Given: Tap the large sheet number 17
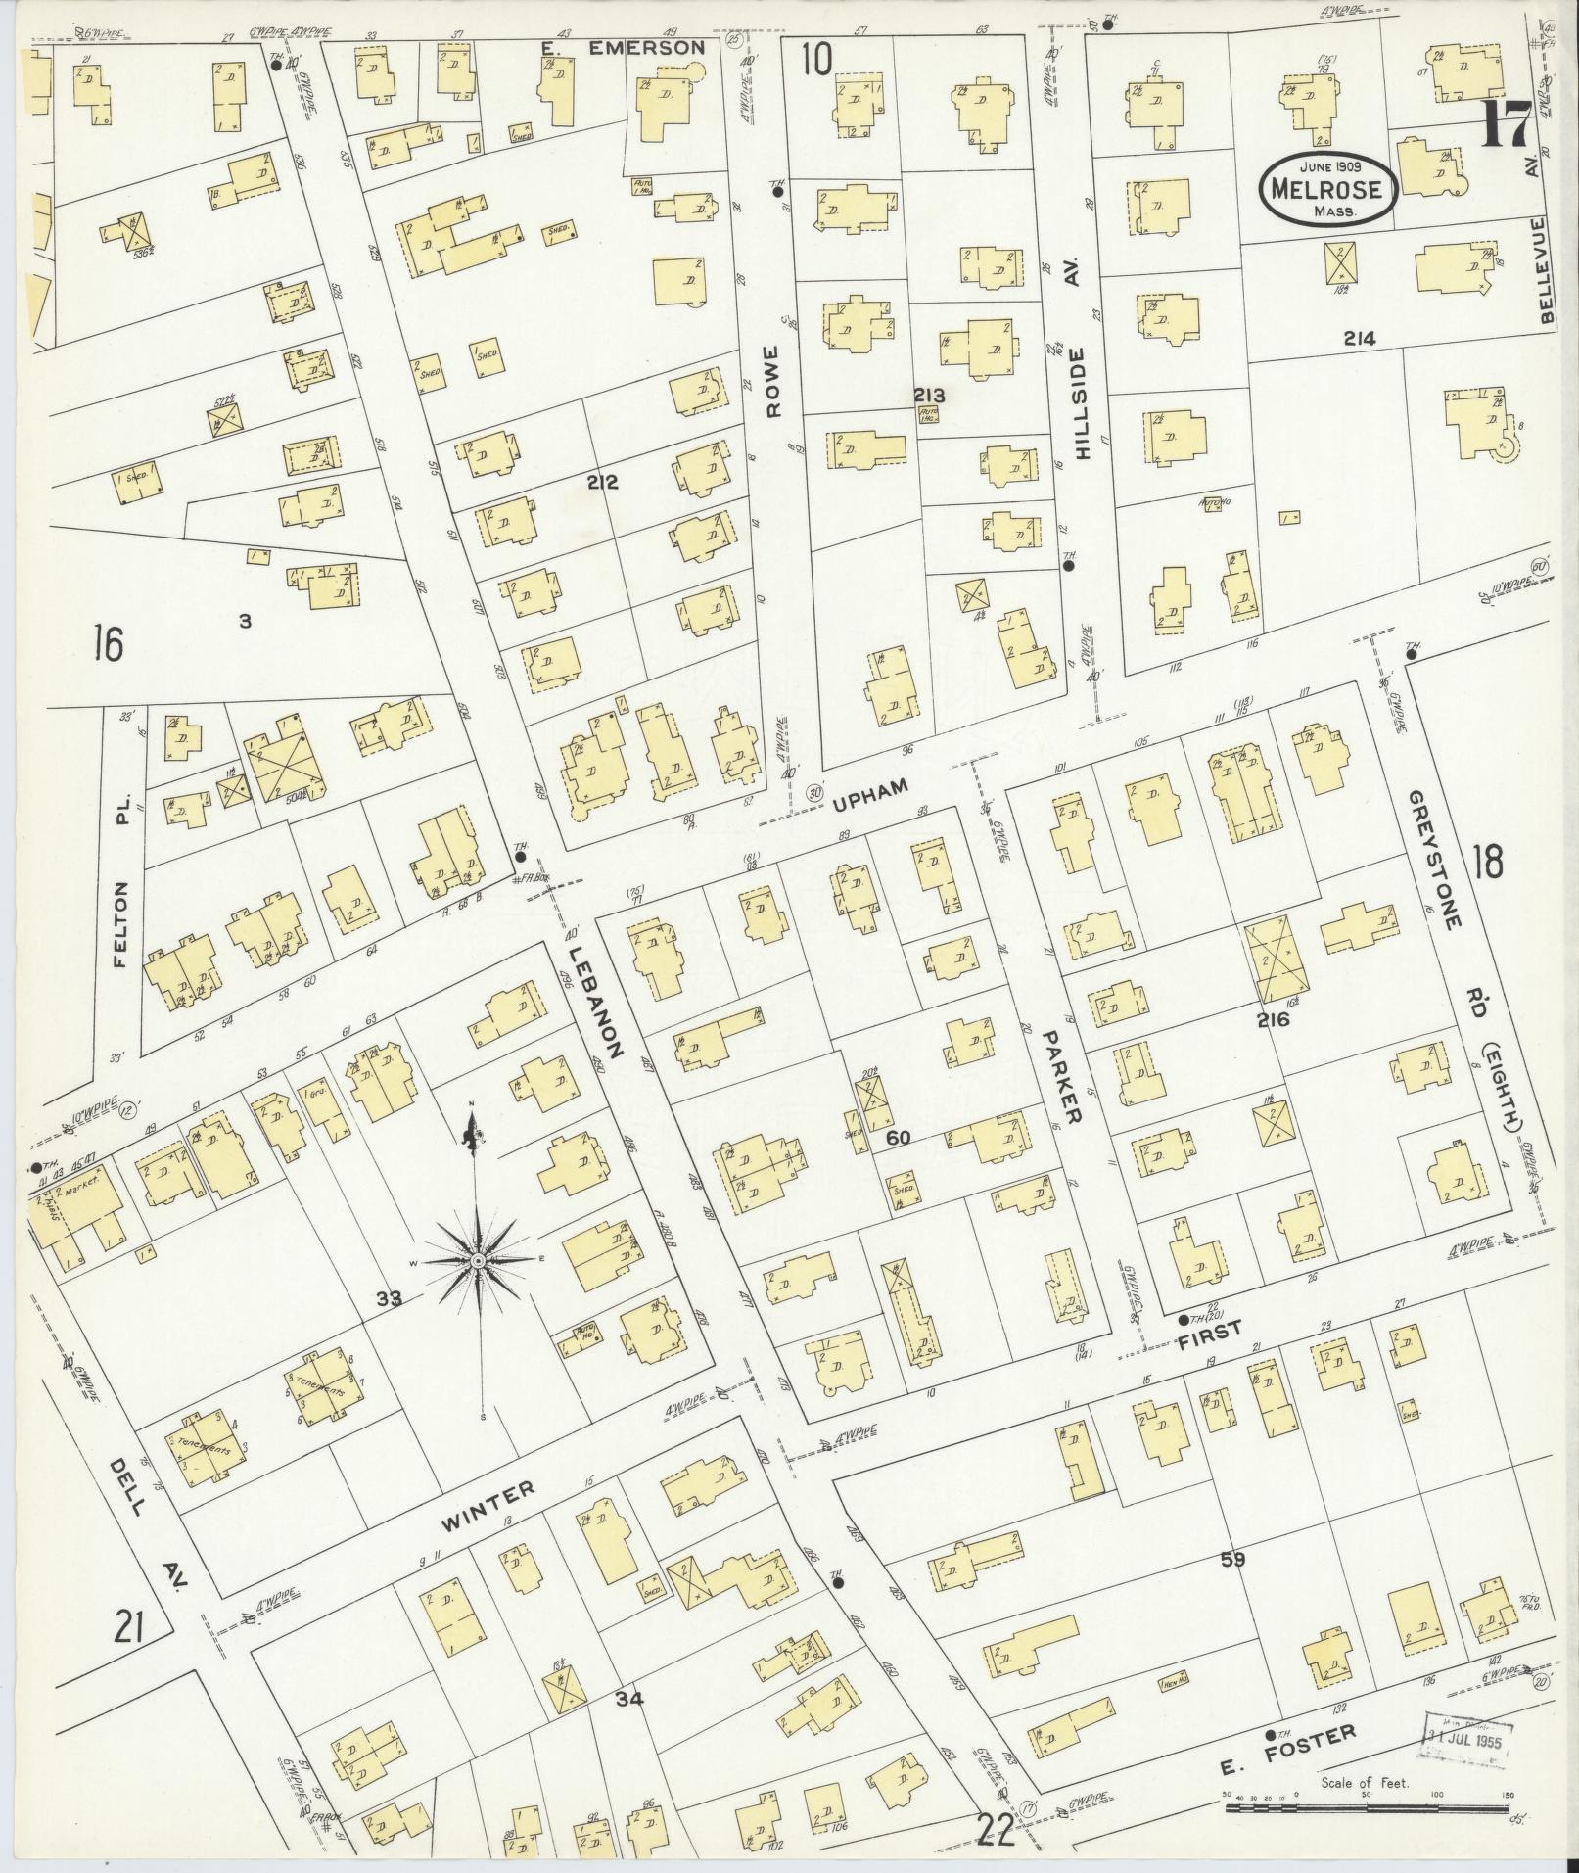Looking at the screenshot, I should (x=1507, y=126).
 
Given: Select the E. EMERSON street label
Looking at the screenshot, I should (x=621, y=47).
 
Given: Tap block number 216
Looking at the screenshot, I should (x=1275, y=1019).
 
